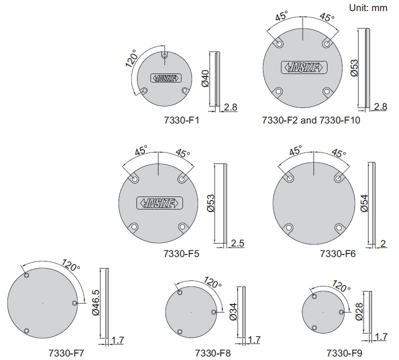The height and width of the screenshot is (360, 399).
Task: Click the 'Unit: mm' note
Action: (368, 8)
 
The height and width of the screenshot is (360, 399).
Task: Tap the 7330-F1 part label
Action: (181, 120)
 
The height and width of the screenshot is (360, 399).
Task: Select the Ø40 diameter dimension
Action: (205, 78)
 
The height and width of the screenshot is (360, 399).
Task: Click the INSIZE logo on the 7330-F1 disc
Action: (166, 78)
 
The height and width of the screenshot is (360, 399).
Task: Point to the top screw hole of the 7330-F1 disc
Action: (164, 55)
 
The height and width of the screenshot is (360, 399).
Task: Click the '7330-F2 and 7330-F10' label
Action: (311, 120)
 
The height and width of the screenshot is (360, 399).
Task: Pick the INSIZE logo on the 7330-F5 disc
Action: (159, 203)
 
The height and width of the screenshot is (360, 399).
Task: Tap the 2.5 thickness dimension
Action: (237, 243)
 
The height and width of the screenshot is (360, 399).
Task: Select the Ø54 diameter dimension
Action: (364, 203)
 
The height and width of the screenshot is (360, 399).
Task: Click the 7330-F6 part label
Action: (337, 253)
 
